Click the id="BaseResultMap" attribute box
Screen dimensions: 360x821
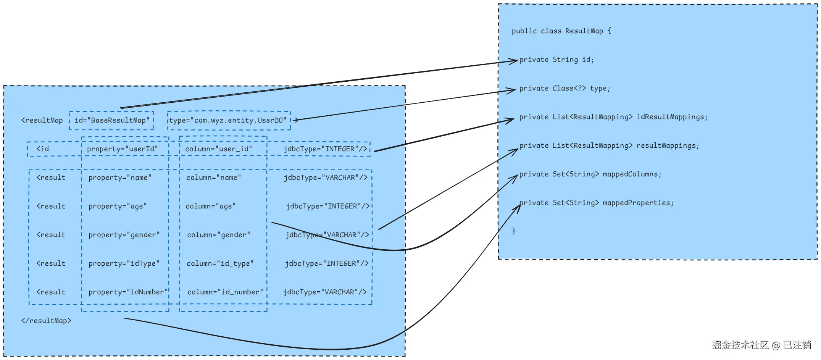[x=112, y=121]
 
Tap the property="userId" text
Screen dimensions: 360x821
[x=122, y=149]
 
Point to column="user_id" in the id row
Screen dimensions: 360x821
[x=219, y=149]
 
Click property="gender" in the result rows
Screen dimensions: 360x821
[x=124, y=235]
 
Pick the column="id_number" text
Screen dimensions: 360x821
[x=225, y=292]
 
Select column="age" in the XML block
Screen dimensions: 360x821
[x=211, y=206]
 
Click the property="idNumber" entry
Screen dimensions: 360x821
[x=128, y=292]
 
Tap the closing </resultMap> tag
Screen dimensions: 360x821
[x=46, y=321]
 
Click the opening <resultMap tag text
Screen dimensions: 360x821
[x=42, y=120]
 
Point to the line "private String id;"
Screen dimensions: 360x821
[x=556, y=60]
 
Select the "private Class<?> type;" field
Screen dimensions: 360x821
[x=565, y=89]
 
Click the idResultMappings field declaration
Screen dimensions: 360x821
[x=613, y=117]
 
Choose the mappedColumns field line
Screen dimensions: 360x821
[x=590, y=174]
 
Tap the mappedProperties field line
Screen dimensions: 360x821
[x=596, y=203]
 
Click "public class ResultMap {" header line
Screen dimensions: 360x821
[x=561, y=31]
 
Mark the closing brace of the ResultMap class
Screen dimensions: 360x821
[x=514, y=231]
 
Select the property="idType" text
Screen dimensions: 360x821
[x=124, y=263]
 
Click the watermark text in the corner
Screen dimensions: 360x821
[x=761, y=345]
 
